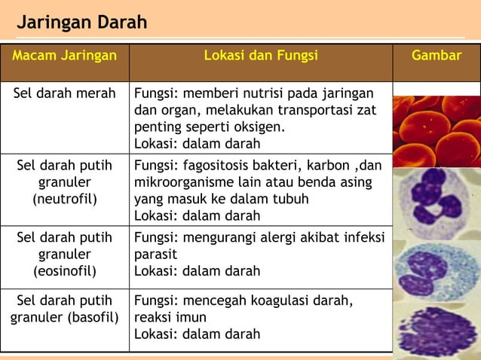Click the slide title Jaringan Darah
click(82, 23)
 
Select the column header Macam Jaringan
click(65, 56)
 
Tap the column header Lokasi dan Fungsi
click(261, 56)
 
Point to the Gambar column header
click(437, 56)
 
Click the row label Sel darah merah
click(65, 93)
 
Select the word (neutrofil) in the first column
click(65, 200)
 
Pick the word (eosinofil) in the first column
click(65, 270)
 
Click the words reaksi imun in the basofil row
click(170, 317)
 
